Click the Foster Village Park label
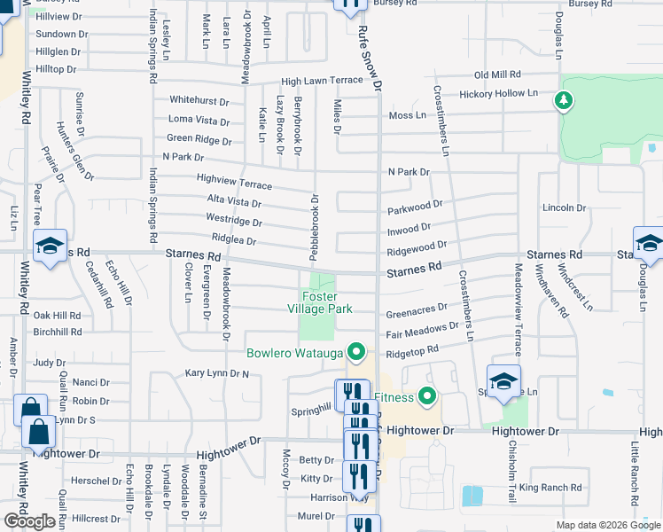[326, 302]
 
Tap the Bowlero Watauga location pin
[356, 353]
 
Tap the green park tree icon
[562, 100]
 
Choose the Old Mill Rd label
[497, 75]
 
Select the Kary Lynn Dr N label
[216, 374]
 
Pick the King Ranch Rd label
[550, 488]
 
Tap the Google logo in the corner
[29, 520]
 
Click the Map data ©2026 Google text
[609, 525]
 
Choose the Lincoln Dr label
[559, 207]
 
